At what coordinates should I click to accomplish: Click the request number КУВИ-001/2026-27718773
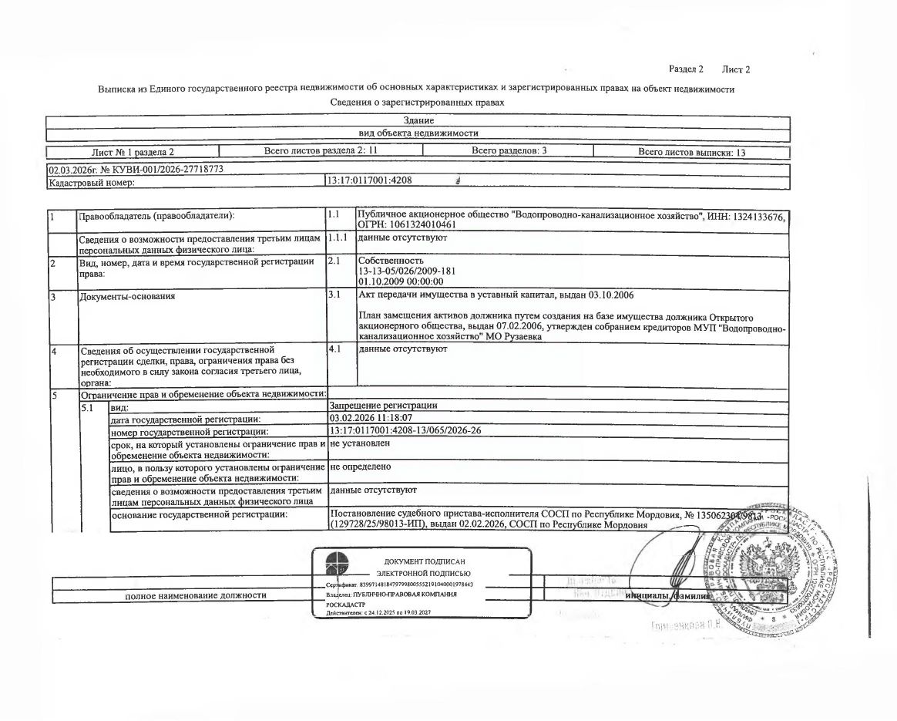(163, 169)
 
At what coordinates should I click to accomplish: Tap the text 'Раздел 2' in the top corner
(686, 69)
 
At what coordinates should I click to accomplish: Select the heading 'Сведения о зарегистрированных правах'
(417, 102)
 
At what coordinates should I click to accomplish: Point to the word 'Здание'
(418, 121)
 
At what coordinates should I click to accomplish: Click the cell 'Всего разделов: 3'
(509, 151)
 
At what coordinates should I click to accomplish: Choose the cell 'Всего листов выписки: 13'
(692, 152)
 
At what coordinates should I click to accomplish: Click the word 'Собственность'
(391, 261)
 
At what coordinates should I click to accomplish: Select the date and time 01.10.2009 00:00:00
(401, 282)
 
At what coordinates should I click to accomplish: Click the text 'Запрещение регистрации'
(383, 406)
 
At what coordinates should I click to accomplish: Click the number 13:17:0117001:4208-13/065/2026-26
(405, 430)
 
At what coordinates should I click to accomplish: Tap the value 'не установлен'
(359, 443)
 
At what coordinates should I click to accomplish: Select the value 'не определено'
(360, 467)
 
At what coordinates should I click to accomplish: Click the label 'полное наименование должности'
(196, 595)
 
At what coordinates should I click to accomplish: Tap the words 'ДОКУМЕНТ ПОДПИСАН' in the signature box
(425, 561)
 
